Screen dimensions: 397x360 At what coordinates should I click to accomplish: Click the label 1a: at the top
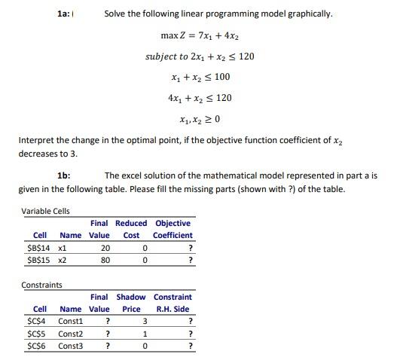(66, 14)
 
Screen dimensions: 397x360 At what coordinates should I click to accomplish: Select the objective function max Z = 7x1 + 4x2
(200, 35)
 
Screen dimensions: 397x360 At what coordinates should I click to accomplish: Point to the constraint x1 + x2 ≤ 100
(200, 77)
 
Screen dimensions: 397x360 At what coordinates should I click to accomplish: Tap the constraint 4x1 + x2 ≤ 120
(200, 98)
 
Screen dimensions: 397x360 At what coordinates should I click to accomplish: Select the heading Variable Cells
(46, 211)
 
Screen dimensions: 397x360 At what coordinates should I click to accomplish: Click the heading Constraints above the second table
(42, 285)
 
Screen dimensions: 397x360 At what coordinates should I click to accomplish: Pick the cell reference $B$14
(38, 247)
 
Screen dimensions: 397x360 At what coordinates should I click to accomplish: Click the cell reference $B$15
(38, 260)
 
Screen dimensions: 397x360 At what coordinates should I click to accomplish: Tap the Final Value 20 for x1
(105, 247)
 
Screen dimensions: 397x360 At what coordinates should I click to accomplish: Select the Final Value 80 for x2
(105, 260)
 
